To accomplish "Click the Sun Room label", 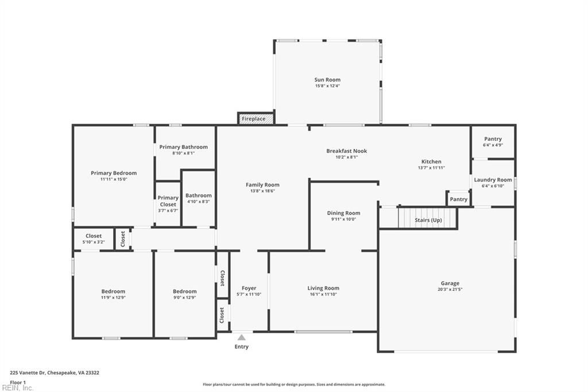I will tap(327, 80).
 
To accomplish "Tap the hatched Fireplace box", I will tap(254, 118).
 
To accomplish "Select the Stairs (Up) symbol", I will tap(428, 219).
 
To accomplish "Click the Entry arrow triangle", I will tap(242, 337).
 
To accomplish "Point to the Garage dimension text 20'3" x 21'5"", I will tap(450, 290).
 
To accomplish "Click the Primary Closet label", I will tap(168, 201).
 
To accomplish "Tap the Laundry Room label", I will tap(493, 180).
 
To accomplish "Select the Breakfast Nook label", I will tap(346, 151).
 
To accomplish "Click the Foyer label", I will tap(249, 288).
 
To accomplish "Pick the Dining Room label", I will tap(343, 213).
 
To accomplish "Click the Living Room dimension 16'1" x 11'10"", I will tap(323, 294).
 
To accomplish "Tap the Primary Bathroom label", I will tap(184, 147).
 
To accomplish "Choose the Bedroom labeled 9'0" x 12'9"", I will tap(184, 291).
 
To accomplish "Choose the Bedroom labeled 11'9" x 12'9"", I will tap(113, 291).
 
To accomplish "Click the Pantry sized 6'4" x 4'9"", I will tap(493, 139).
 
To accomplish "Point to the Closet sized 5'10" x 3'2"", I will tap(94, 236).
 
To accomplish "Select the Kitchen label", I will tap(431, 162).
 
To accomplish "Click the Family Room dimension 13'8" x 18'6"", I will tap(262, 191).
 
